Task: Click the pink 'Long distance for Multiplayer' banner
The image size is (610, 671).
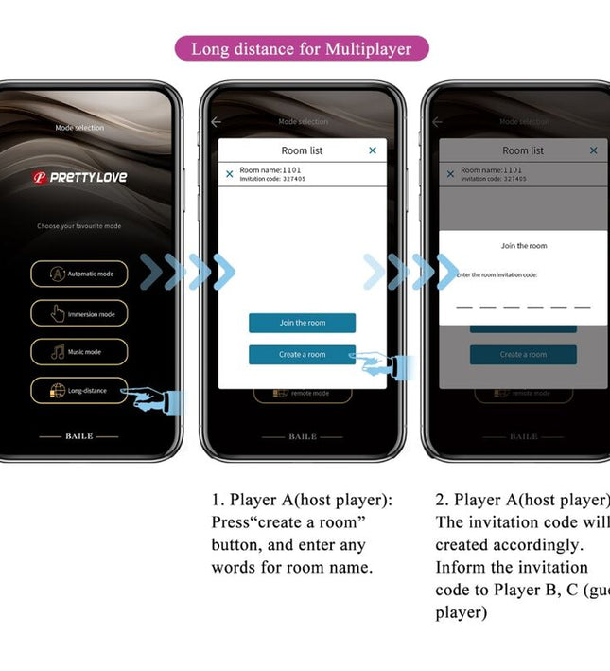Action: (x=302, y=48)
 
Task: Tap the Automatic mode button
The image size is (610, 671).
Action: (x=78, y=274)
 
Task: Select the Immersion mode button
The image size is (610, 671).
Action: (x=78, y=313)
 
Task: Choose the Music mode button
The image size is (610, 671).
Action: (x=78, y=352)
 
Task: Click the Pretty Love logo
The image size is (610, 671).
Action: (x=79, y=177)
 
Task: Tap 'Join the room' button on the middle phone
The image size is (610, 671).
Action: (x=302, y=323)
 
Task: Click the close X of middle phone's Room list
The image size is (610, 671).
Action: (x=373, y=150)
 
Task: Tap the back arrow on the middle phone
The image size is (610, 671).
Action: (x=217, y=122)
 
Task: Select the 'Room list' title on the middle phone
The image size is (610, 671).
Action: (x=302, y=150)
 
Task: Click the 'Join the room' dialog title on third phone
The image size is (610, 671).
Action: (x=523, y=246)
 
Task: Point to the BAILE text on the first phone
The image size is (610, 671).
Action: (x=78, y=436)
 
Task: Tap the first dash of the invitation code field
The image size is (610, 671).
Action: (x=464, y=307)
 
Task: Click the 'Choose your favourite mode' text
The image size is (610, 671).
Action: (x=78, y=227)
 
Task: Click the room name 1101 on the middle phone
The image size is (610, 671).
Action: (x=271, y=170)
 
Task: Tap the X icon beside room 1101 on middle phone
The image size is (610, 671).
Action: (x=229, y=174)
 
